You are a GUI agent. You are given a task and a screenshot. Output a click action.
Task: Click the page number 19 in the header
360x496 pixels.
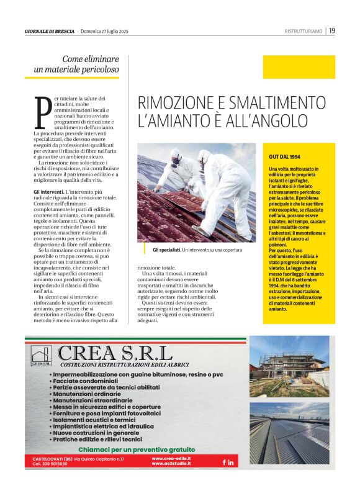pos(333,30)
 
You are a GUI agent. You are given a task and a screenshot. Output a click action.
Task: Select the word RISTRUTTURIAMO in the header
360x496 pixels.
pos(303,31)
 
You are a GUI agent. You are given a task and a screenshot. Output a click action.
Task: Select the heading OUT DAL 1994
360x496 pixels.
pos(285,157)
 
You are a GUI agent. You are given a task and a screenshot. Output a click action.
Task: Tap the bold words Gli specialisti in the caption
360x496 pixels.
pos(166,250)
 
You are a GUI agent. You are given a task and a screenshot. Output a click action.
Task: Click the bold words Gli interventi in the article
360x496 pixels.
pos(48,192)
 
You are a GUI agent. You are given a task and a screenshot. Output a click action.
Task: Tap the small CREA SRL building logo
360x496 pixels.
pos(41,356)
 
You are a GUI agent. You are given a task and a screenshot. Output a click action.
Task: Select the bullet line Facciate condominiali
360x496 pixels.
pos(90,382)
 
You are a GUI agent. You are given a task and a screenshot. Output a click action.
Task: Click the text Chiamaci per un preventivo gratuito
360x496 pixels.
pos(137,449)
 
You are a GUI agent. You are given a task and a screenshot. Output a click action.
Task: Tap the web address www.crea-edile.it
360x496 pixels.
pos(171,458)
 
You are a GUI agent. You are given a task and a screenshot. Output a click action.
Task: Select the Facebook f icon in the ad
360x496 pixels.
pos(224,462)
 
